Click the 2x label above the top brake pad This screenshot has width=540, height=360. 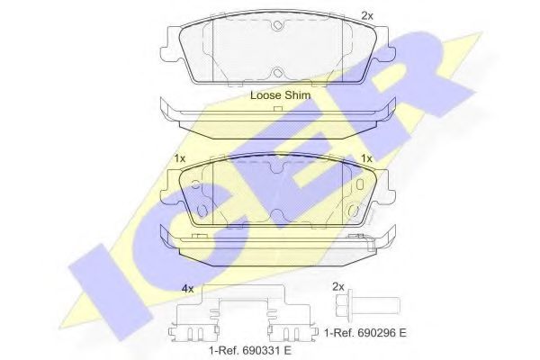(367, 16)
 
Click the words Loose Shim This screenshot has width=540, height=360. (280, 95)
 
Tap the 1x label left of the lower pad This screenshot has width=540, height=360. (180, 158)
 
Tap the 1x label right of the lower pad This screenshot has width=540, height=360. (366, 158)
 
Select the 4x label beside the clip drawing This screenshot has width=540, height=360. (187, 289)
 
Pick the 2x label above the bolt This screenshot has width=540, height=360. (338, 286)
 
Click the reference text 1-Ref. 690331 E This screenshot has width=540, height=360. (250, 351)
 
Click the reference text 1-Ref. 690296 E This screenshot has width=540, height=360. (365, 333)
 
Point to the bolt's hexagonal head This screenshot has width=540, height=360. (342, 305)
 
